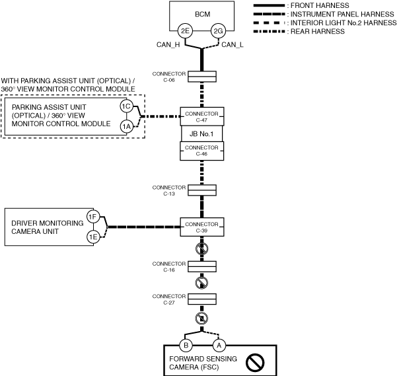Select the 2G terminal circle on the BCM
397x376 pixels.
[x=218, y=30]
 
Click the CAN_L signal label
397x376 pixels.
[x=233, y=45]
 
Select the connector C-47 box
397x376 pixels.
[x=201, y=117]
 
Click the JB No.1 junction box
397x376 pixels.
[x=201, y=133]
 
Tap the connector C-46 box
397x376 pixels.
[x=201, y=151]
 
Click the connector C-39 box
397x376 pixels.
[x=201, y=227]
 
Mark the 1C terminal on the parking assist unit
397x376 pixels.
[x=126, y=106]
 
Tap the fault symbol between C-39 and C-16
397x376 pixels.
[x=201, y=249]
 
